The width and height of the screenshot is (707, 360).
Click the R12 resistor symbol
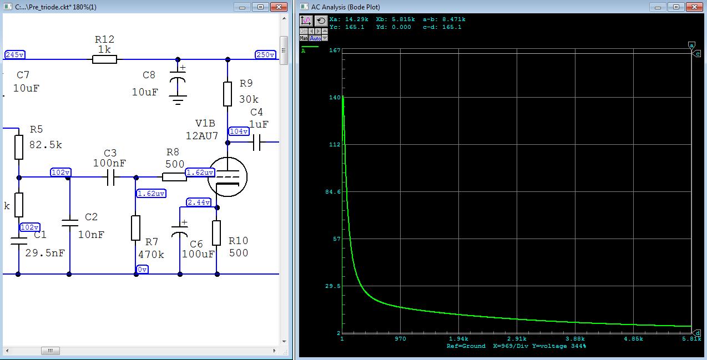click(104, 59)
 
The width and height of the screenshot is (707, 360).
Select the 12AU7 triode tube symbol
click(228, 177)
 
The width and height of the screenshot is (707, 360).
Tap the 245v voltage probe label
click(15, 54)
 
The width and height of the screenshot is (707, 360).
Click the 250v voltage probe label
click(265, 54)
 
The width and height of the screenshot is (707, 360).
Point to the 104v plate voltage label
click(239, 131)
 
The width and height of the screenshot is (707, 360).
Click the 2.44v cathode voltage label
click(199, 202)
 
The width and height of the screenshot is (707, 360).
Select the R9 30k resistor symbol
click(228, 94)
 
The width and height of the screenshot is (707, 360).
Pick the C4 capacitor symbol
click(257, 143)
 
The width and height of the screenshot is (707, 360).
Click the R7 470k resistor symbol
click(136, 228)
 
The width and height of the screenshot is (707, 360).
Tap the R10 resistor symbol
click(216, 233)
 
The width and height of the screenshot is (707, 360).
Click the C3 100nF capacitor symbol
click(111, 178)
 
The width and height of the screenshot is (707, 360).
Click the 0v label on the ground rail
click(143, 270)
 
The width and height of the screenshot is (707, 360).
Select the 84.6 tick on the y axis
click(333, 192)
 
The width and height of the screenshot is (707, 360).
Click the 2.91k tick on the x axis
click(517, 339)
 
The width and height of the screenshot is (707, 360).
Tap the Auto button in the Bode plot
click(315, 38)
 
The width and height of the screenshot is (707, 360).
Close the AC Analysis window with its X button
click(694, 7)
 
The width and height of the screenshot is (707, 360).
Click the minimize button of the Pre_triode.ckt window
click(243, 7)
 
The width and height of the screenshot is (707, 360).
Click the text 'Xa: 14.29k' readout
click(349, 19)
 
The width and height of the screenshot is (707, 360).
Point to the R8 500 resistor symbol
click(175, 177)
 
